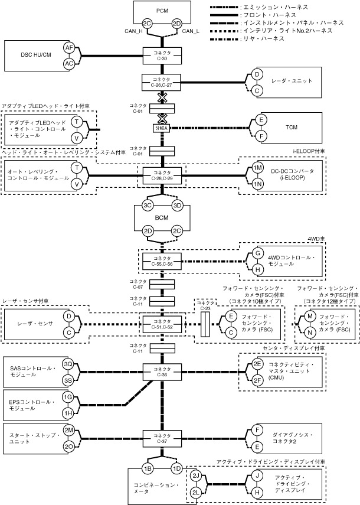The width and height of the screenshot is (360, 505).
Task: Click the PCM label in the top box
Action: click(162, 11)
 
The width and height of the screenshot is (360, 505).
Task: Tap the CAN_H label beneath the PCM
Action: click(133, 31)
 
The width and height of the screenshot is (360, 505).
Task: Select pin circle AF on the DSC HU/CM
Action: click(69, 48)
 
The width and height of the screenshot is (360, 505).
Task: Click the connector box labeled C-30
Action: click(162, 56)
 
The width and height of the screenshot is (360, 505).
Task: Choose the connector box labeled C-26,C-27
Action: click(161, 82)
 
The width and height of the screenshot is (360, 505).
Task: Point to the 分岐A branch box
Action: click(162, 128)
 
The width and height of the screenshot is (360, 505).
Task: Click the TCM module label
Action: click(292, 127)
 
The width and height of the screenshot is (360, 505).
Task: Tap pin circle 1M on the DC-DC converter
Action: click(257, 168)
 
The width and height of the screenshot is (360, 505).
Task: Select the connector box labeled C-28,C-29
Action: click(162, 175)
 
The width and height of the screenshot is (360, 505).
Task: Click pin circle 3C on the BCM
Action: click(148, 206)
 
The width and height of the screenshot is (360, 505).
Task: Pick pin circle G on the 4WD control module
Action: click(257, 253)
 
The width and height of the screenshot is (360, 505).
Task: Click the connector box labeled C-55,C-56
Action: click(162, 261)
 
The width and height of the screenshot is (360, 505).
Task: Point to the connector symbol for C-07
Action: click(162, 285)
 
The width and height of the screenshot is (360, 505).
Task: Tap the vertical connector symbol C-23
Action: click(205, 324)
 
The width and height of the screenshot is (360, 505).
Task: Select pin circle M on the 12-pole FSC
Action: click(310, 316)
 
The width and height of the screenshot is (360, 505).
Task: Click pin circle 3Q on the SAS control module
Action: click(68, 364)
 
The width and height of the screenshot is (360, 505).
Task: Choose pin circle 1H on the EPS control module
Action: click(68, 413)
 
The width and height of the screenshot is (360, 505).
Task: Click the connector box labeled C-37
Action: click(162, 438)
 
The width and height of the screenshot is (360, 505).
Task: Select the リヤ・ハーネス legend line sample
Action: click(225, 39)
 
